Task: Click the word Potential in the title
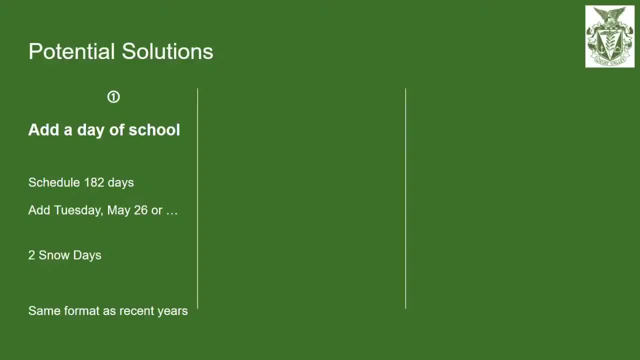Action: pyautogui.click(x=71, y=51)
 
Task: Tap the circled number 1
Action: pyautogui.click(x=113, y=97)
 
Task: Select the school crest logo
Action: pyautogui.click(x=609, y=36)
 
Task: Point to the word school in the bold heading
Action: pyautogui.click(x=154, y=130)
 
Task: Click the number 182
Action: pyautogui.click(x=94, y=182)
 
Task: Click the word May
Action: pyautogui.click(x=118, y=210)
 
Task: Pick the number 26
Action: pyautogui.click(x=141, y=210)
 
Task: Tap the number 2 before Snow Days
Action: pyautogui.click(x=31, y=255)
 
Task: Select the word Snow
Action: pyautogui.click(x=54, y=255)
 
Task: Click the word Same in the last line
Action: pyautogui.click(x=41, y=311)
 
